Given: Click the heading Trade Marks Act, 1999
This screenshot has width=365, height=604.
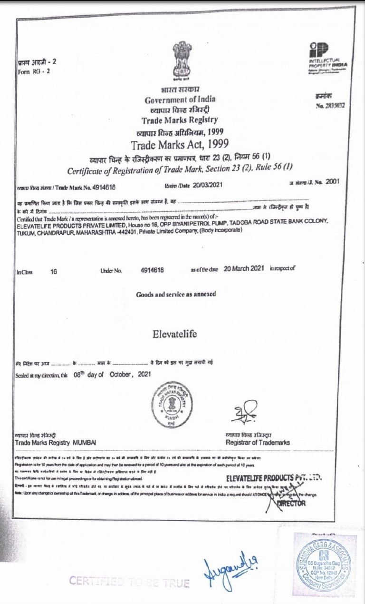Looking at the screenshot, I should [x=180, y=144].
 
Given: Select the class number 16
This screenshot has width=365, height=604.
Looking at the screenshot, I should [x=54, y=270].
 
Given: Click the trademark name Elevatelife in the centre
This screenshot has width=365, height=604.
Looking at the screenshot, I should [x=175, y=334].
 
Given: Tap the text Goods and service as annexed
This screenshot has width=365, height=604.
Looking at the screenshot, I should [x=176, y=294].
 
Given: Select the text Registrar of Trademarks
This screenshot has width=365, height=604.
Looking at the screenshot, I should [x=258, y=442].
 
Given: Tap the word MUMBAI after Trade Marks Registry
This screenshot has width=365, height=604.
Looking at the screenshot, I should [x=84, y=443].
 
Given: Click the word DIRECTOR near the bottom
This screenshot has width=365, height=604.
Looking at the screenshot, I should [x=291, y=504].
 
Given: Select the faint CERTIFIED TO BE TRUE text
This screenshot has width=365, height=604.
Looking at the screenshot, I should [x=129, y=582].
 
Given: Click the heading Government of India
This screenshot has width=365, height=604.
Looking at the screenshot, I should [x=180, y=99].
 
